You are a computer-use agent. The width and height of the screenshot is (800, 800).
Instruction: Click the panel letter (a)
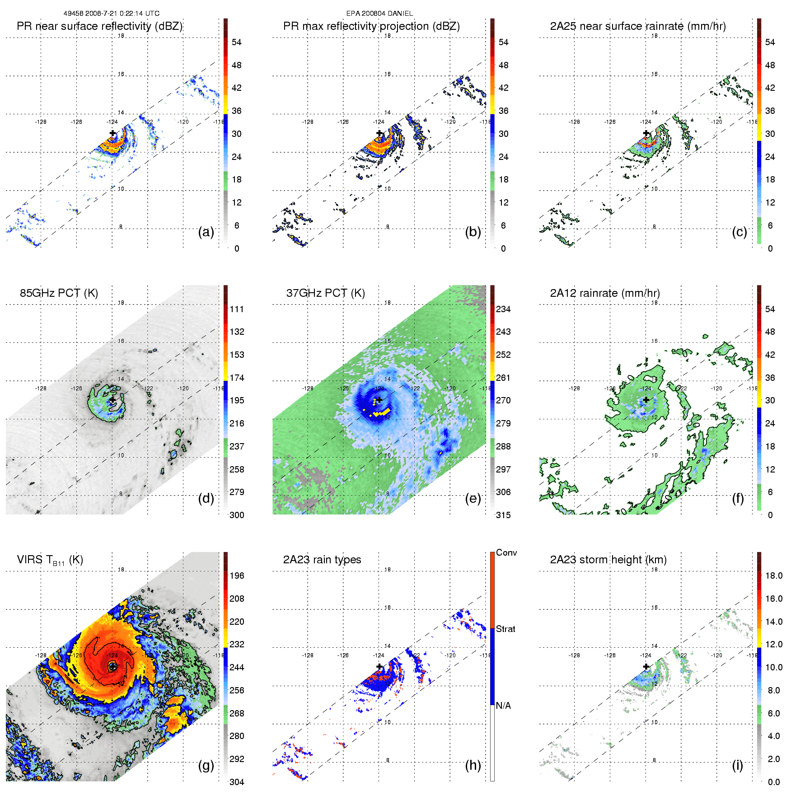tap(206, 232)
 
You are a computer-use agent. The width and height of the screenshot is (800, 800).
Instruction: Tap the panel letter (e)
tap(473, 499)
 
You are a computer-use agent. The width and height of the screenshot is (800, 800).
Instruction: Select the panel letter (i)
tap(738, 765)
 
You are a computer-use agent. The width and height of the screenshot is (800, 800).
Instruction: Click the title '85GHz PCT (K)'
tap(59, 293)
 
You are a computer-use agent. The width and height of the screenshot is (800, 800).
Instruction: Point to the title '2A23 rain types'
tap(322, 560)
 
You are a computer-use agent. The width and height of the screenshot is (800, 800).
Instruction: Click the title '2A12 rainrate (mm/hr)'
tap(605, 293)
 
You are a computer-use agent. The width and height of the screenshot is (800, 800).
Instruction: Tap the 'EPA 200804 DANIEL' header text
tap(379, 14)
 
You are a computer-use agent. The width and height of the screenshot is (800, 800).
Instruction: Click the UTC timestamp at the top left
tap(111, 14)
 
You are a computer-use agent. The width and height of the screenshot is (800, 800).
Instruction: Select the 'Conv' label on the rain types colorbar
tap(506, 553)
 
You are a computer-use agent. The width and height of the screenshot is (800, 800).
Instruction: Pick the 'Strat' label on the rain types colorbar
tap(505, 629)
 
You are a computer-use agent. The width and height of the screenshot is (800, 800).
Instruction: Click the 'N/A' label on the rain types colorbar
tap(503, 706)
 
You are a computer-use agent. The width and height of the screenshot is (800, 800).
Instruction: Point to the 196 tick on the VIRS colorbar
tap(237, 576)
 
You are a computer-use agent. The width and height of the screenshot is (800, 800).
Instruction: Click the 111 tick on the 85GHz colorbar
tap(237, 309)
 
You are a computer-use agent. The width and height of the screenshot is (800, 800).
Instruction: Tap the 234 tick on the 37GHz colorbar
tap(503, 309)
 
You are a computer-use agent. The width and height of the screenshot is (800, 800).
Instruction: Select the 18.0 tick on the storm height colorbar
tap(774, 576)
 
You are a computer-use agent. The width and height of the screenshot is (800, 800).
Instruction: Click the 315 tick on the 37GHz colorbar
tap(503, 515)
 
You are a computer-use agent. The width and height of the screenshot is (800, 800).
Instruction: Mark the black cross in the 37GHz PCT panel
tap(379, 400)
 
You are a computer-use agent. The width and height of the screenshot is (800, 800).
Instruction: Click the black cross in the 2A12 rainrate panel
tap(646, 400)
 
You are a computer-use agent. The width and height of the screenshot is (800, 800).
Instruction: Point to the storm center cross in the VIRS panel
tap(112, 666)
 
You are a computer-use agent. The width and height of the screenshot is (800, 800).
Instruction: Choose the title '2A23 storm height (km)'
tap(608, 560)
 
